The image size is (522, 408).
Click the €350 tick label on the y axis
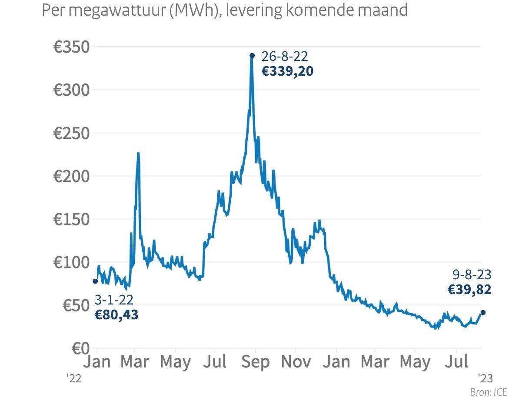click(x=71, y=47)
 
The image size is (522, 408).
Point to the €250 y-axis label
click(x=71, y=133)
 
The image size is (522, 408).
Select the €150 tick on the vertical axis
click(x=71, y=219)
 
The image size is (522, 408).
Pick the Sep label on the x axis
click(x=256, y=362)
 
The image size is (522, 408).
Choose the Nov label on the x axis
click(x=296, y=362)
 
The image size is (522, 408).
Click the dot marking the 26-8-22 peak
click(x=252, y=55)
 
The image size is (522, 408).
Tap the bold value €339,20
click(x=287, y=71)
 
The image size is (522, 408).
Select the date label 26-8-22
click(x=284, y=57)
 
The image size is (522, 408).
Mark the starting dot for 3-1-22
click(x=95, y=281)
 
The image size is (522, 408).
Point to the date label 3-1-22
click(x=114, y=300)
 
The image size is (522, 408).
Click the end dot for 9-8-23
click(x=483, y=312)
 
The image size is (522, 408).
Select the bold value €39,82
click(x=469, y=290)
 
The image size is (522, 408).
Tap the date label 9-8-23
click(x=472, y=275)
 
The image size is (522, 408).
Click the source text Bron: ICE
click(x=489, y=392)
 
